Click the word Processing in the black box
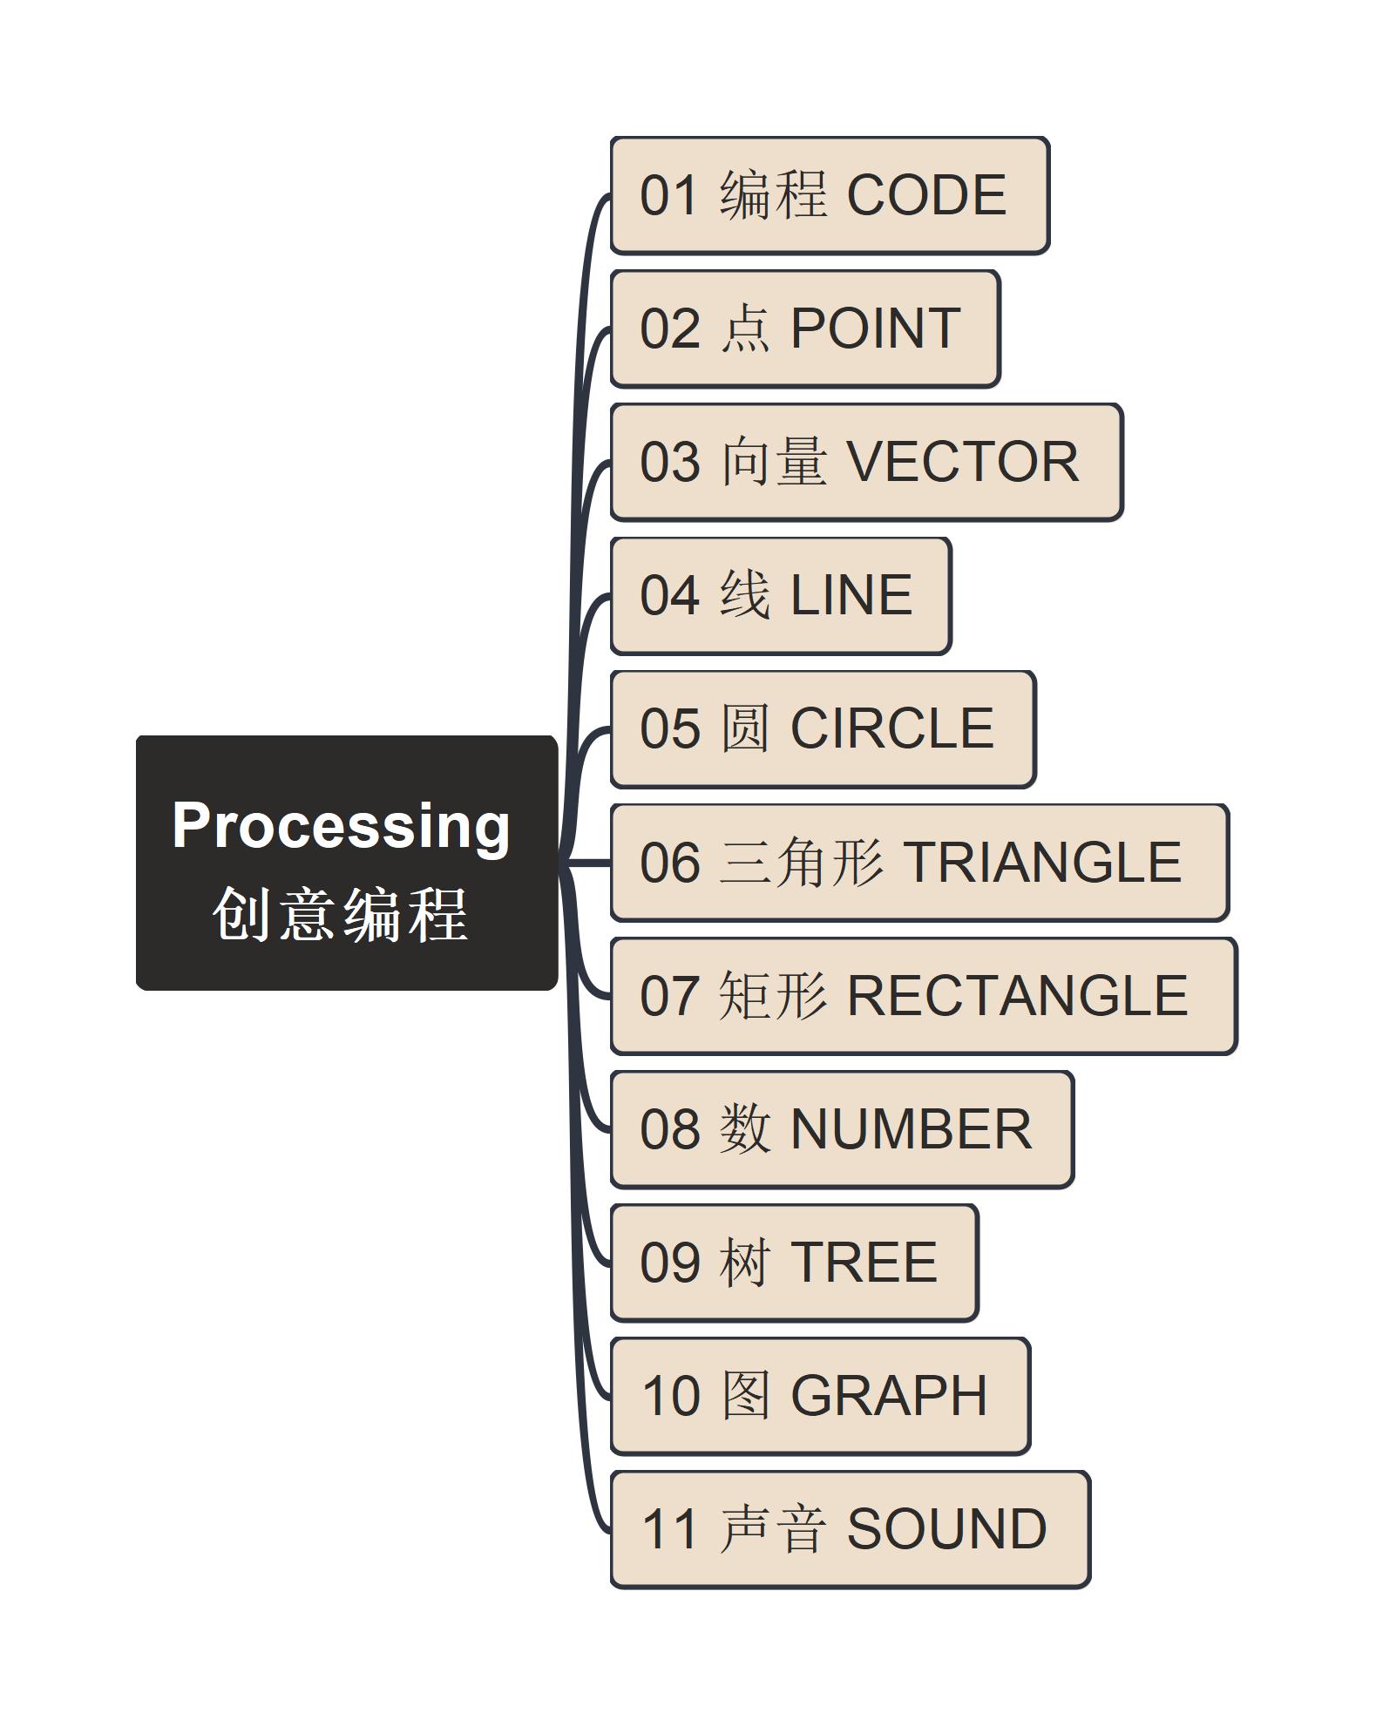coord(341,825)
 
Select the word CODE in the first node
coord(926,194)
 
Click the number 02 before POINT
coord(669,328)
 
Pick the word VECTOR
coord(963,462)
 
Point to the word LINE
coord(851,595)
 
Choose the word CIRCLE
coord(891,728)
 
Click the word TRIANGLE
coord(1042,862)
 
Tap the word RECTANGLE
coord(1017,995)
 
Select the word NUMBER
coord(911,1129)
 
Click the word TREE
coord(863,1262)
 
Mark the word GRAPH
coord(888,1395)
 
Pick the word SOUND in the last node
coord(946,1529)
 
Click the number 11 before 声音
coord(669,1529)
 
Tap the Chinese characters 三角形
coord(802,862)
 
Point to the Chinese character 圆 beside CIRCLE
coord(745,728)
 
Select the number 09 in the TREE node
coord(669,1262)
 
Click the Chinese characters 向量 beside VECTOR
coord(773,462)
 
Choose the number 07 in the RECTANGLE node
coord(669,995)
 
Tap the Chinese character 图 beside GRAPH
coord(745,1395)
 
